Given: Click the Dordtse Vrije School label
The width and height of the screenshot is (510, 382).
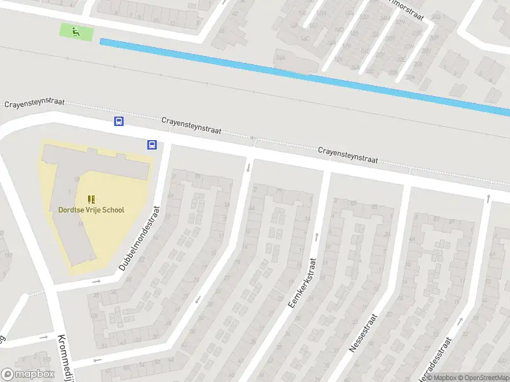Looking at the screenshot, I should tap(91, 209).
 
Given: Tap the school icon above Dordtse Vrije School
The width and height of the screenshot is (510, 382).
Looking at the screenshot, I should tap(91, 199).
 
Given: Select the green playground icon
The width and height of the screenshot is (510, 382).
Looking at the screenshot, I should tap(76, 31).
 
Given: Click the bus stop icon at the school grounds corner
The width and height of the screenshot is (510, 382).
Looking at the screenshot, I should tap(152, 145).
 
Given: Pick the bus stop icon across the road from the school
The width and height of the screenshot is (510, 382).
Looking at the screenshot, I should tap(119, 121).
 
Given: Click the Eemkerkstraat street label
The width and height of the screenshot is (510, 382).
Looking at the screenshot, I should tap(302, 283).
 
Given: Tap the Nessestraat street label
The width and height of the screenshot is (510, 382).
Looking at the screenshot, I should tap(364, 332).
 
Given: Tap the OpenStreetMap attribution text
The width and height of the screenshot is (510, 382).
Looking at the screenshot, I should tap(483, 378).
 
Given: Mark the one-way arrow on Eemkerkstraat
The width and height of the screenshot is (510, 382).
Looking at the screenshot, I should tap(316, 237).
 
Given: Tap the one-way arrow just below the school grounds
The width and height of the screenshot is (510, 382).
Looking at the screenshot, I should tap(96, 281).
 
